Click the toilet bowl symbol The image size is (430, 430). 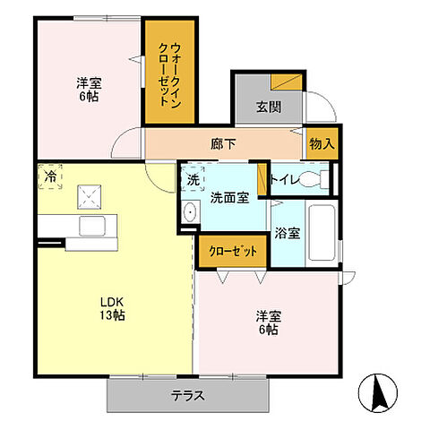[313, 178]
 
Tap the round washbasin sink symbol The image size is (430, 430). [189, 212]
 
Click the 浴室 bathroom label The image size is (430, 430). [288, 232]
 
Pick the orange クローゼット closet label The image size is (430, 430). [232, 251]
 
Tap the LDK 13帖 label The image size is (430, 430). [110, 307]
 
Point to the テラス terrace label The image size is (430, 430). [190, 394]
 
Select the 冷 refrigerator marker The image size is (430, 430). [50, 176]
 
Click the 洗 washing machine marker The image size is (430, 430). [193, 177]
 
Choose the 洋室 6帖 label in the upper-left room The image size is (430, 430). [88, 90]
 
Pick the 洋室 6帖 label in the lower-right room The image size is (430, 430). [266, 322]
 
